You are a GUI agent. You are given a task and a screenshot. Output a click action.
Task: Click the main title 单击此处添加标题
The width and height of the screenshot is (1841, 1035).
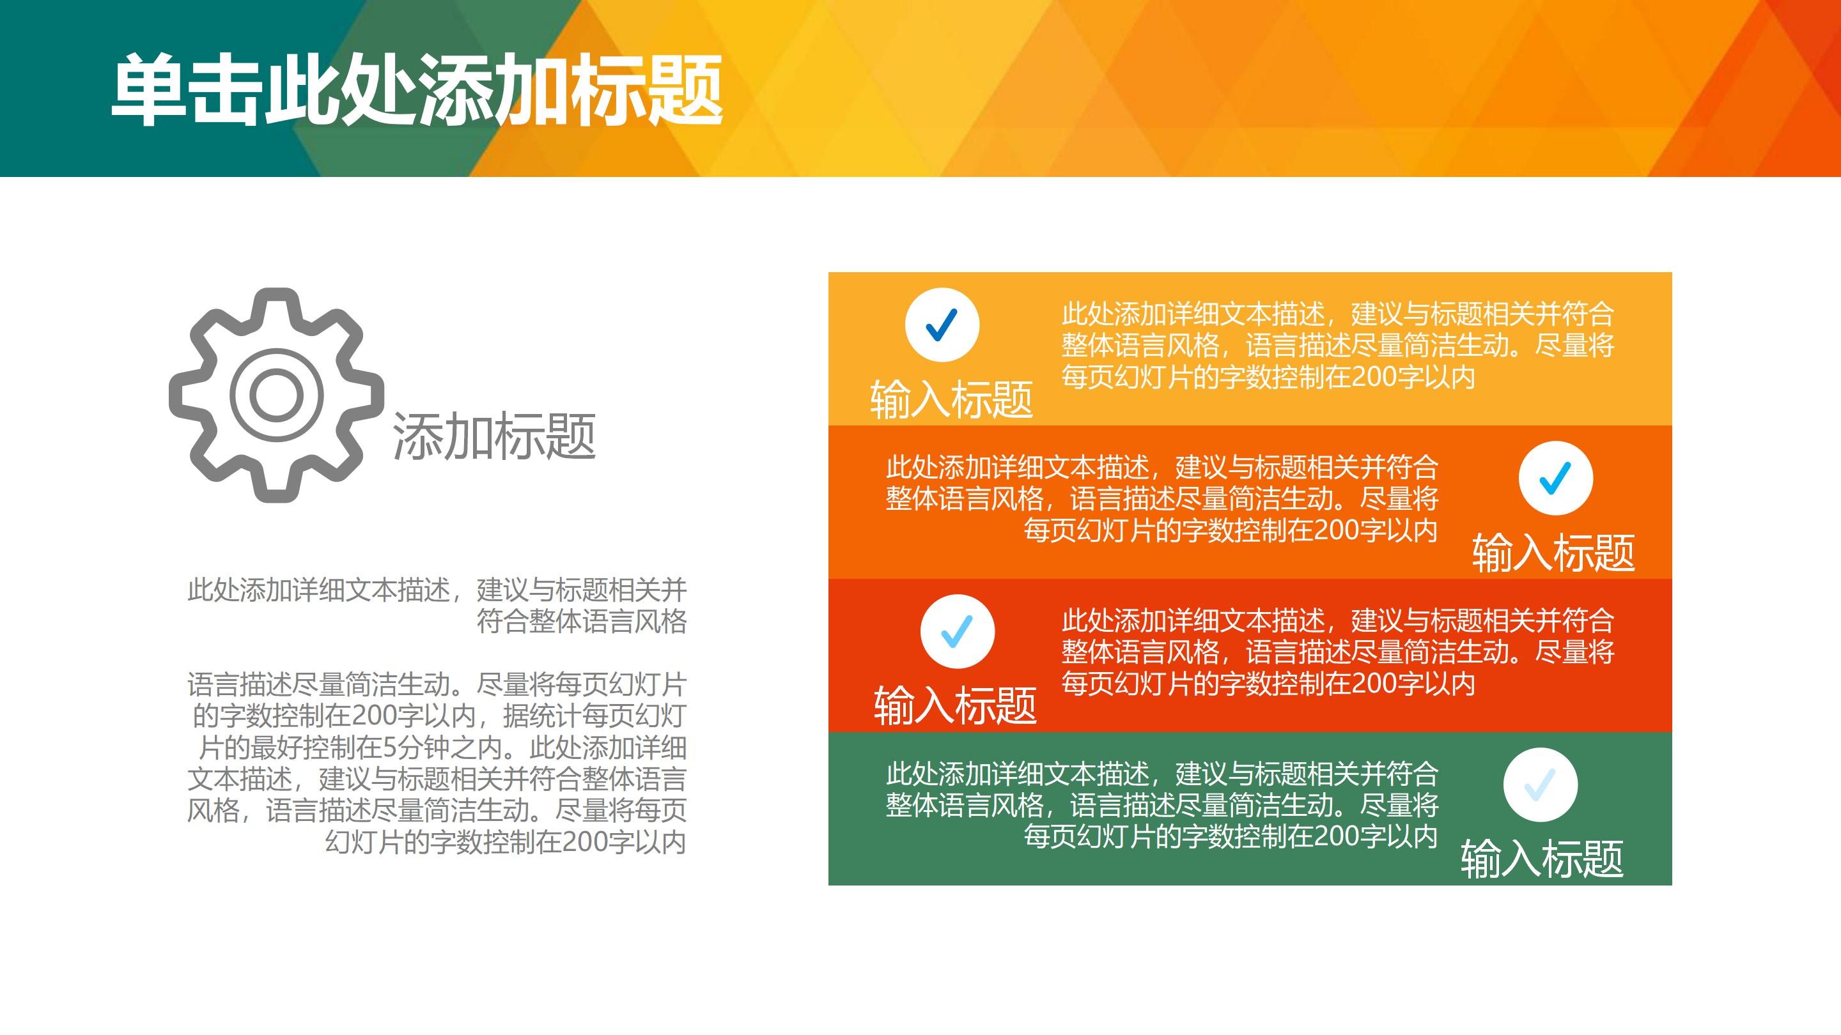tap(417, 90)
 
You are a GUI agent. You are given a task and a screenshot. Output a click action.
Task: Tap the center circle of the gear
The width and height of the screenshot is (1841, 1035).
tap(277, 395)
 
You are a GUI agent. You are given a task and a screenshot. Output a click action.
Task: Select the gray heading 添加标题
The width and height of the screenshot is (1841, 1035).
tap(494, 436)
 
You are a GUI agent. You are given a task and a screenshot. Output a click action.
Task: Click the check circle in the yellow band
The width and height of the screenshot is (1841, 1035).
tap(942, 325)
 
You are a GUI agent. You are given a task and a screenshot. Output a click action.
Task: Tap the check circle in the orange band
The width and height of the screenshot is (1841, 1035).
tap(1556, 478)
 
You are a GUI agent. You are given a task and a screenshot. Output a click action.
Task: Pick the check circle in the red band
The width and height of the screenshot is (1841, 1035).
tap(958, 631)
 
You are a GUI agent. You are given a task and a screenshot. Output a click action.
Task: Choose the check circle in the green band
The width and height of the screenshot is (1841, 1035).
tap(1541, 785)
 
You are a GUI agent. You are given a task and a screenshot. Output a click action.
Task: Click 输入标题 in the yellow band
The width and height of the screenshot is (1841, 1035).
tap(952, 399)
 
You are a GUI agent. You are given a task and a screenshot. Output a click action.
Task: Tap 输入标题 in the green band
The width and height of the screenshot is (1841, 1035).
tap(1542, 859)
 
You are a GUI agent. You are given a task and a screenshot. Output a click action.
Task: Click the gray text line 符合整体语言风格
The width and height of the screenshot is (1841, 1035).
tap(582, 622)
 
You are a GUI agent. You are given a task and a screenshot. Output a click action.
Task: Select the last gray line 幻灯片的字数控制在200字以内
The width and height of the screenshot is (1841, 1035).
tap(506, 842)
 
